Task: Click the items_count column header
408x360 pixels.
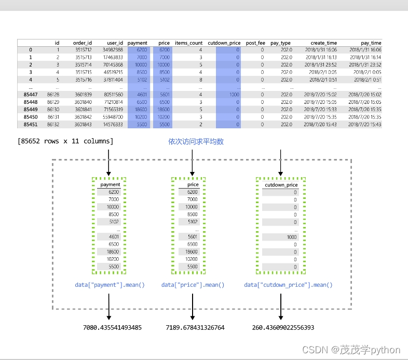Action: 188,43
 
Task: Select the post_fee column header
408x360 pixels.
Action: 255,43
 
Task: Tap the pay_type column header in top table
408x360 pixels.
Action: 280,43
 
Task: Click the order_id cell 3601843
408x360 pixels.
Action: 83,125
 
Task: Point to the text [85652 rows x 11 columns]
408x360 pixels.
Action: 65,141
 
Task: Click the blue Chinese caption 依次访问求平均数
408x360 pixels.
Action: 196,141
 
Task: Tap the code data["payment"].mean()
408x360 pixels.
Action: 110,285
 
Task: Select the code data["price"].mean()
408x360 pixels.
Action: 193,285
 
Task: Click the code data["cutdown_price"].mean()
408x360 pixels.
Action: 288,285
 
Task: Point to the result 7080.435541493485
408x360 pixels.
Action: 112,328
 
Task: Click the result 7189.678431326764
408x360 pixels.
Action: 195,328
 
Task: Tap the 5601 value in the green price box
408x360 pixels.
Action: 192,236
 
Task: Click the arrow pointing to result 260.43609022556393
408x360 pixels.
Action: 280,306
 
